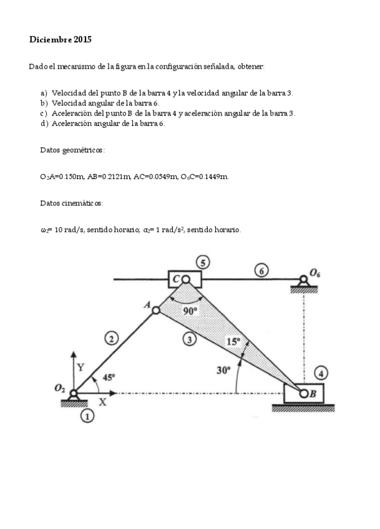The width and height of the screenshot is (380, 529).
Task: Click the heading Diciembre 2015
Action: [61, 39]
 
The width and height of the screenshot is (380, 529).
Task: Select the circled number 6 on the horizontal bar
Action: [261, 271]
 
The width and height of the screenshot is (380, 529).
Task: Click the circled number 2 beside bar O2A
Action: [111, 339]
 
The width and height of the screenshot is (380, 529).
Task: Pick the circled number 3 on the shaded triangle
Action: [188, 339]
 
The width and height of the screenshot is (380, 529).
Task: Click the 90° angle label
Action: [190, 311]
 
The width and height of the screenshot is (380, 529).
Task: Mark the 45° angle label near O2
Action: [109, 377]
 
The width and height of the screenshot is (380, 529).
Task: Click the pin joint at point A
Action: [157, 309]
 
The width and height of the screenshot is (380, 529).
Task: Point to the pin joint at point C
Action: [185, 279]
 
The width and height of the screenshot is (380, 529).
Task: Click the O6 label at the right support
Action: [316, 273]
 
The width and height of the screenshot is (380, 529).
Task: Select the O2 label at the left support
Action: [61, 388]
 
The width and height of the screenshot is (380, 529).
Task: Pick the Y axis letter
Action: [80, 367]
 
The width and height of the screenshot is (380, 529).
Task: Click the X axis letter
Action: [103, 402]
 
